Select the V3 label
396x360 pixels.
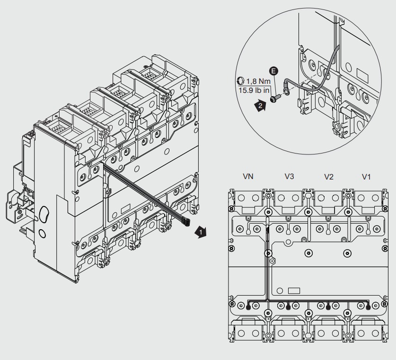point(290,176)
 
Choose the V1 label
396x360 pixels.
point(367,176)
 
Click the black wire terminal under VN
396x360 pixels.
point(248,306)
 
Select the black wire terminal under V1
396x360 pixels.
point(369,306)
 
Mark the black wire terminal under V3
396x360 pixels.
point(288,306)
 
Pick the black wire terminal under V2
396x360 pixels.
point(328,306)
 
